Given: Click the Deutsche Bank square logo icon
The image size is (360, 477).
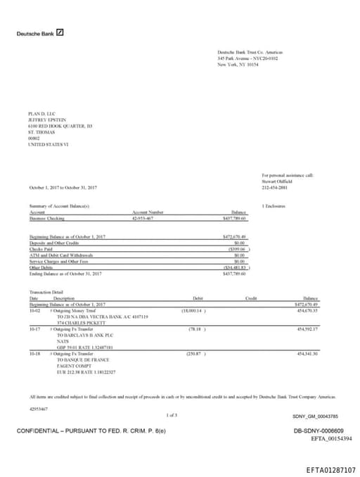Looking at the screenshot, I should pos(61,33).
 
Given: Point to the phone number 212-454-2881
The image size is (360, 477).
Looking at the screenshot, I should pos(274,187).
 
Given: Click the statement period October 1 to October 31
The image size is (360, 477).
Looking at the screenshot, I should pos(63,187).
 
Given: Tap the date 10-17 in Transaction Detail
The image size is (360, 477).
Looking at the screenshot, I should pos(34,329).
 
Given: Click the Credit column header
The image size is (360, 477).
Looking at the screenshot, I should pos(251,298).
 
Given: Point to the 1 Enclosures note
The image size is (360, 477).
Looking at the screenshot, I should pos(272,205).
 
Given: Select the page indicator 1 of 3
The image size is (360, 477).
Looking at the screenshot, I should pos(172,415).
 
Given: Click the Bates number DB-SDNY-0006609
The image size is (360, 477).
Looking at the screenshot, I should pos(318,431).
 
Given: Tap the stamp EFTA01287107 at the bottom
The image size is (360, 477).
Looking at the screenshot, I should pos(330,469).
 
